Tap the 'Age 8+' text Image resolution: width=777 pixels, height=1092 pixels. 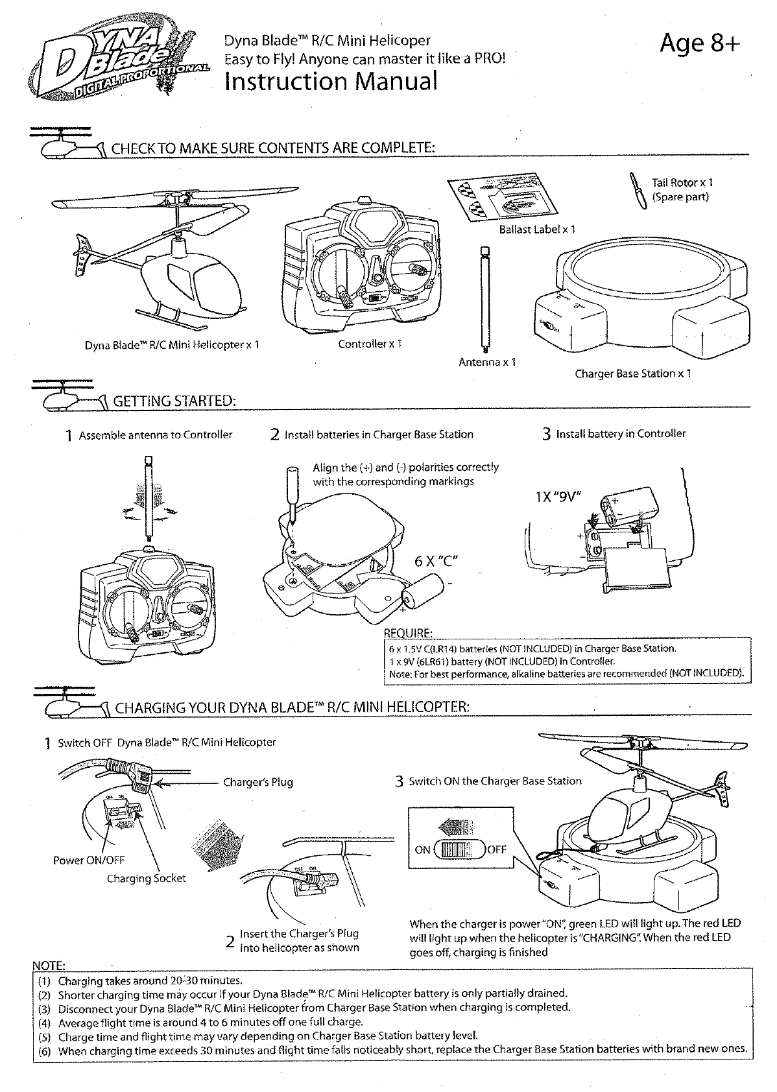coord(699,44)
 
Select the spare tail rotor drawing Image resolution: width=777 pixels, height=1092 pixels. coord(636,190)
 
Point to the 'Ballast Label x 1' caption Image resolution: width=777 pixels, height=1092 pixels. coord(536,230)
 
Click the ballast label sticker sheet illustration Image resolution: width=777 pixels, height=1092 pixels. coord(503,195)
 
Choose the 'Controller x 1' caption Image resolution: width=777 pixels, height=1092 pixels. coord(370,344)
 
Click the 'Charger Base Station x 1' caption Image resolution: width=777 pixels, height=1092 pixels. coord(632,374)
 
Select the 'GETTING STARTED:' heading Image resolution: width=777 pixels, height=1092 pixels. coord(173,401)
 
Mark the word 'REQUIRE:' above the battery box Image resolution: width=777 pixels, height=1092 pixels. coord(408,633)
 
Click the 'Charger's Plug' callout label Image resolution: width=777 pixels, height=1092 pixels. coord(257,782)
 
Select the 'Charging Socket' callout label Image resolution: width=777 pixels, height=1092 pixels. coord(146,879)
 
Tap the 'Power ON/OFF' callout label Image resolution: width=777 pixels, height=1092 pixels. coord(88,861)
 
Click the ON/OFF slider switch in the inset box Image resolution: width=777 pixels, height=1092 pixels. coord(459,849)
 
